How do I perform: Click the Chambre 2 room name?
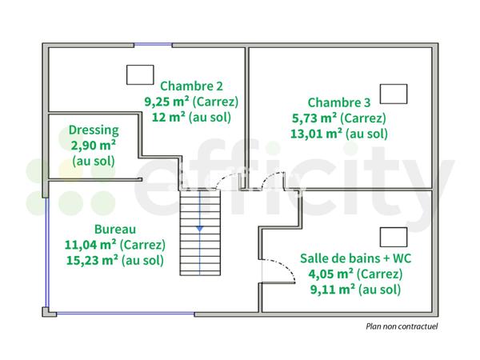coord(191,86)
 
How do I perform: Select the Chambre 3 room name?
coord(339,102)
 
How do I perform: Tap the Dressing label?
coord(94,130)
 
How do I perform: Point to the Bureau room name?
coord(113,229)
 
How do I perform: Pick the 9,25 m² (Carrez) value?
coord(191,101)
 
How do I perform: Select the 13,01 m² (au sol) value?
coord(339,133)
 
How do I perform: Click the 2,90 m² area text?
coord(94,145)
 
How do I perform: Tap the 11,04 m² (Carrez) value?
coord(113,244)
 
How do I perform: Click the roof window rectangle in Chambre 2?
coord(139,74)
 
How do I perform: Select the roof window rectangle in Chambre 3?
coord(393,94)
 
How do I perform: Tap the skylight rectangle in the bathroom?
coord(392,237)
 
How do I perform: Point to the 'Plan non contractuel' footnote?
coord(402,326)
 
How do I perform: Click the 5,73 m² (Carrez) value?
coord(339,118)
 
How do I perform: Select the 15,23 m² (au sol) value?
coord(113,260)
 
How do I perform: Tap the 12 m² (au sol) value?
coord(191,117)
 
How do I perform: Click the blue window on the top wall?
coord(153,46)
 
